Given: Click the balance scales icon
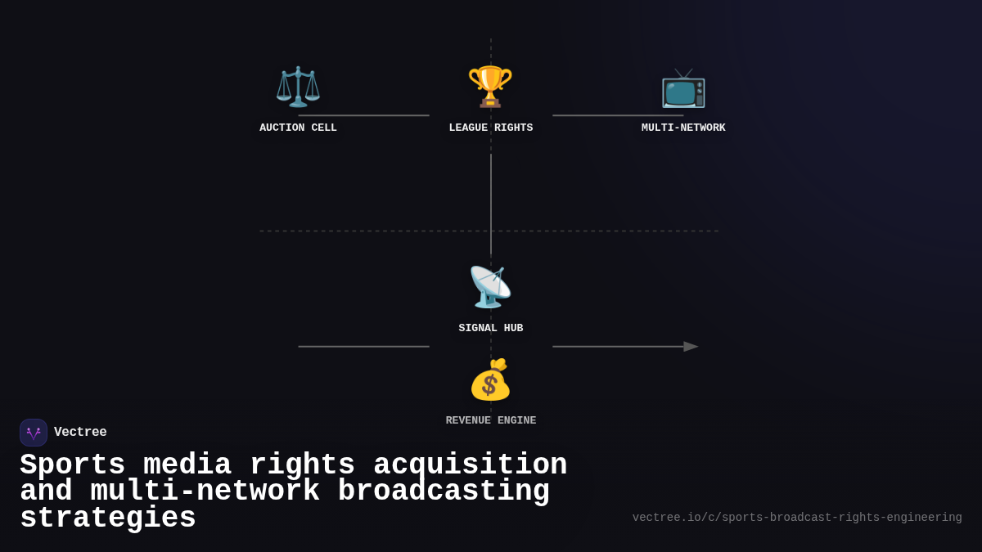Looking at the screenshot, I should coord(298,87).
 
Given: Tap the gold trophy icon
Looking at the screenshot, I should coord(490,87).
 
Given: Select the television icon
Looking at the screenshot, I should coord(683,88).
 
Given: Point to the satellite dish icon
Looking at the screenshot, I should coord(490,287).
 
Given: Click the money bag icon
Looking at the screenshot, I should coord(490,379).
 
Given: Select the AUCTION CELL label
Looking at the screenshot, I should coord(298,128).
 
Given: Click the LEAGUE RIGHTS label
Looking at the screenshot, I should coord(490,128).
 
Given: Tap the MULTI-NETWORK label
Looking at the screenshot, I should coord(683,128).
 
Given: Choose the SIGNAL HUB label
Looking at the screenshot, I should coord(490,329).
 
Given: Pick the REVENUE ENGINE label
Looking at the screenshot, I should coord(490,421).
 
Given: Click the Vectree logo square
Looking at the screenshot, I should coord(34,433).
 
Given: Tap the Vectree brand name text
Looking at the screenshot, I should coord(80,433).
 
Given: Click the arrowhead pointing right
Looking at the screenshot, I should coord(691,347).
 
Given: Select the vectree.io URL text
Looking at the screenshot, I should coord(797,518).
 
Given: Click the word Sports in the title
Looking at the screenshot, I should coord(72,465).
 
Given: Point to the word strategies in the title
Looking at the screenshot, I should coord(107,518).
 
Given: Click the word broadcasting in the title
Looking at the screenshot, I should coord(444,491).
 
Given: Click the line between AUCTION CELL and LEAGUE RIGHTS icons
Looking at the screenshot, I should coord(363,115).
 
